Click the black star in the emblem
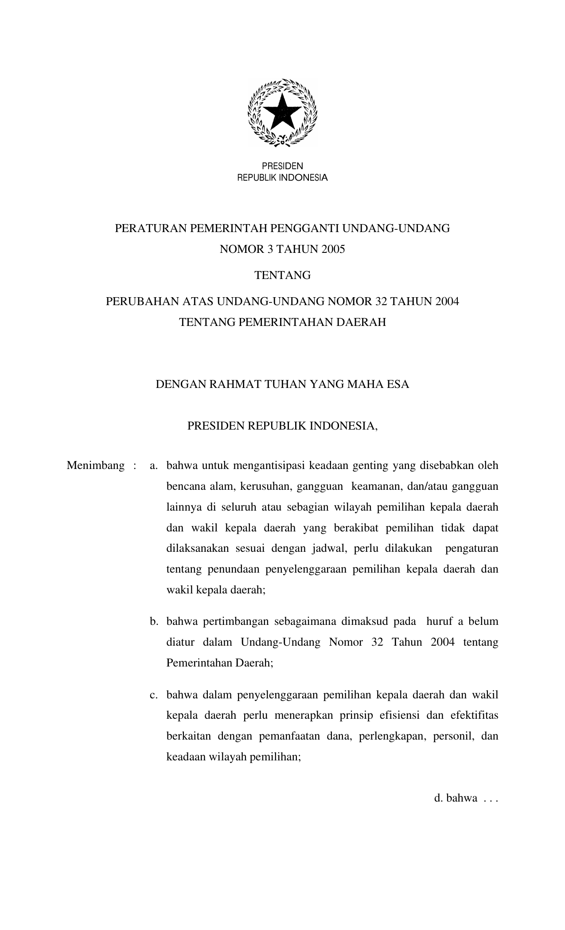282,111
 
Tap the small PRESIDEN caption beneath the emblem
282,166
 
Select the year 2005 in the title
333,249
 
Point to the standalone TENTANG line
282,275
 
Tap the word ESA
398,384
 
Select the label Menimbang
96,466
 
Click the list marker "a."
154,466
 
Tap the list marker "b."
154,622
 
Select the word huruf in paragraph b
440,622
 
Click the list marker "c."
154,695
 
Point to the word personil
453,736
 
